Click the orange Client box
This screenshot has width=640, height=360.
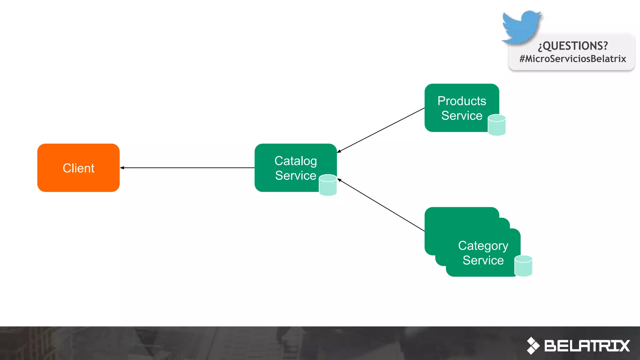tap(78, 168)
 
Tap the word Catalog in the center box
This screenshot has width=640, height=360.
tap(295, 161)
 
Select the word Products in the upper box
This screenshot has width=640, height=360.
tap(462, 101)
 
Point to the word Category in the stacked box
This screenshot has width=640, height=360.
tap(483, 246)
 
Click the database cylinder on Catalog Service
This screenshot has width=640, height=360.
tap(328, 185)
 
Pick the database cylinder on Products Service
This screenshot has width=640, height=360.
tap(497, 125)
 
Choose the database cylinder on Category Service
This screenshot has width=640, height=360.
tap(523, 266)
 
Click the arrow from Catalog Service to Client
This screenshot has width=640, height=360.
tap(187, 168)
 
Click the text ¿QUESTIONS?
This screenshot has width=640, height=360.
tap(573, 46)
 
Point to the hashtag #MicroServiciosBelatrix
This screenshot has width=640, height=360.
tap(572, 59)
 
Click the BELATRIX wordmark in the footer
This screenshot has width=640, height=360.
tap(587, 346)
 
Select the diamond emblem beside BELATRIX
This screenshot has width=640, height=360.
tap(533, 346)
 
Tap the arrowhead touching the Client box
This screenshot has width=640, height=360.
tap(122, 168)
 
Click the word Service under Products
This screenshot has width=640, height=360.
tap(462, 116)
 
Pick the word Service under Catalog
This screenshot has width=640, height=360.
tap(295, 176)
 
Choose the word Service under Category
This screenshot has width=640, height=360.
tap(483, 260)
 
